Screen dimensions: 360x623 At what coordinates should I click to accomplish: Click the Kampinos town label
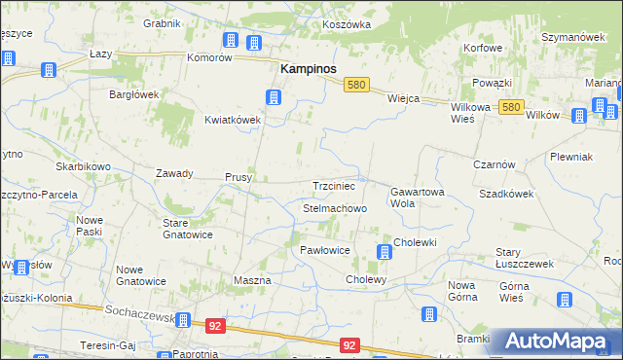click(x=309, y=69)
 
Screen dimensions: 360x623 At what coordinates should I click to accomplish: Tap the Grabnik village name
click(x=163, y=23)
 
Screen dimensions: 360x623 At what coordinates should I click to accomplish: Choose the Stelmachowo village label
click(x=335, y=208)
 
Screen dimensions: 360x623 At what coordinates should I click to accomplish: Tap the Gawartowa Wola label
click(x=418, y=198)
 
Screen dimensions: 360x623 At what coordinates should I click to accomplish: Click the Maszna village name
click(x=252, y=280)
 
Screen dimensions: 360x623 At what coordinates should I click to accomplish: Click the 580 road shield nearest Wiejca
click(x=356, y=86)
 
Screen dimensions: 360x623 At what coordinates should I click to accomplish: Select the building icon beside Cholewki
click(x=385, y=253)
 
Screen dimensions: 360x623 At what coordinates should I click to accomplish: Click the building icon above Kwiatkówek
click(x=274, y=96)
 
